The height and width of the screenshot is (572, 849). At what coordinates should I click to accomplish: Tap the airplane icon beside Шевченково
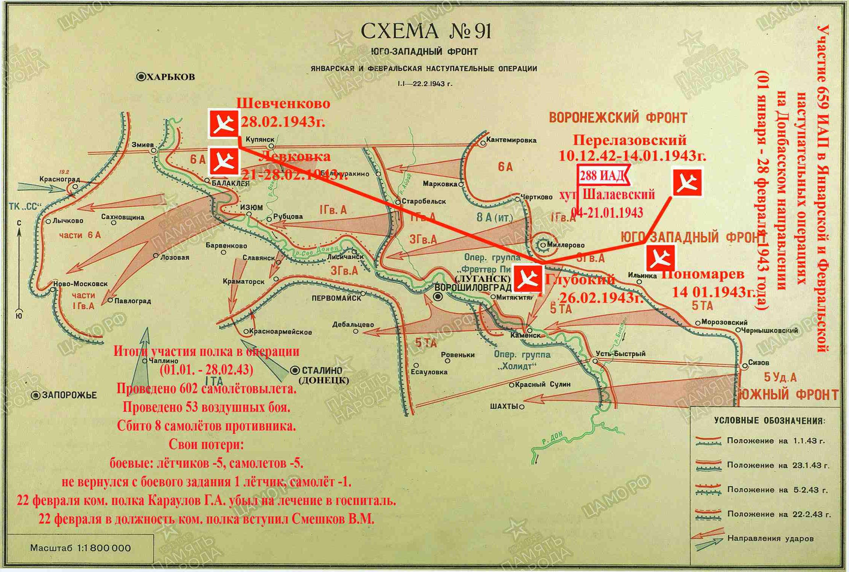point(224,123)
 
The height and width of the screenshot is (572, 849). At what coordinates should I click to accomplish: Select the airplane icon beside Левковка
point(224,162)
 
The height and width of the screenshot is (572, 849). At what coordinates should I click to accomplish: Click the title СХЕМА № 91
point(425,31)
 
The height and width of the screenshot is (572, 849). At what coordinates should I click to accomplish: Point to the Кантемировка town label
point(511,140)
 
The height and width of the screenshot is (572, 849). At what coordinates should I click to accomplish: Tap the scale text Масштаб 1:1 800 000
point(80,548)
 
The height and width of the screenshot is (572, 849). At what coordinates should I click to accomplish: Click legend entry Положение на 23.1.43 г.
point(777,465)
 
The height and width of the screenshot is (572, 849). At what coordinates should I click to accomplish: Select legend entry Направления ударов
point(770,538)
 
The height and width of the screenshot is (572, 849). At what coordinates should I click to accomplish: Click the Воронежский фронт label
point(618,118)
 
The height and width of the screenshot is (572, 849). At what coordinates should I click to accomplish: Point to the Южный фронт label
point(789,394)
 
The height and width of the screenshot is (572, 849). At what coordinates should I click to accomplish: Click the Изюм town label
point(251,207)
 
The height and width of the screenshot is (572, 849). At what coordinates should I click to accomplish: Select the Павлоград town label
point(132,301)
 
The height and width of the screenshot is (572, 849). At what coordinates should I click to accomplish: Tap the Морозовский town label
point(724,322)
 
